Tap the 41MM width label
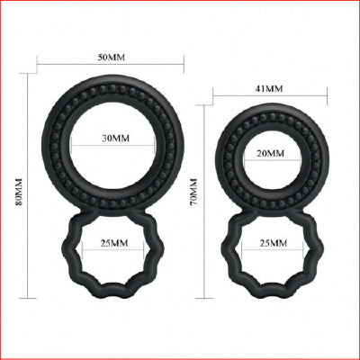[269, 89]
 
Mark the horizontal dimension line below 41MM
[269, 98]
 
